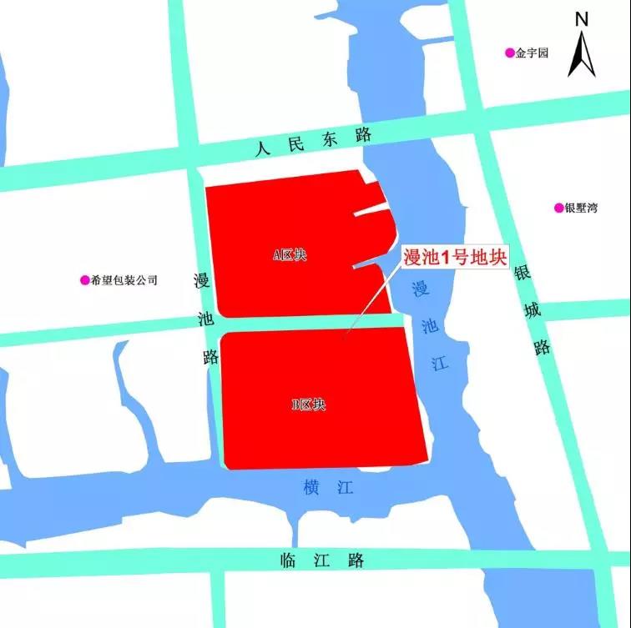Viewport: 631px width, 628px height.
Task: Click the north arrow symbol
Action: (x=581, y=55)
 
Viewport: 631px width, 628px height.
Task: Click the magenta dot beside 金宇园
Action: (x=509, y=53)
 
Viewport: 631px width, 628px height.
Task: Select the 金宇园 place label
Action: (x=533, y=53)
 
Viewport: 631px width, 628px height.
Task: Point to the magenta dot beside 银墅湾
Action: (x=558, y=208)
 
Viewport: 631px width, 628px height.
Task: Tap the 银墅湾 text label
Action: (x=581, y=208)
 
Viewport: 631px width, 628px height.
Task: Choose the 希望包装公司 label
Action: (x=124, y=280)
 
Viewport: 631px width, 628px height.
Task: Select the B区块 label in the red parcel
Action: (x=308, y=405)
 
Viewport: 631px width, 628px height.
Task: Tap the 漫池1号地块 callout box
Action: (x=455, y=258)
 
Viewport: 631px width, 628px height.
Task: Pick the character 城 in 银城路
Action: (x=532, y=310)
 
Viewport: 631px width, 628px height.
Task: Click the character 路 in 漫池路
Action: (x=211, y=357)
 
